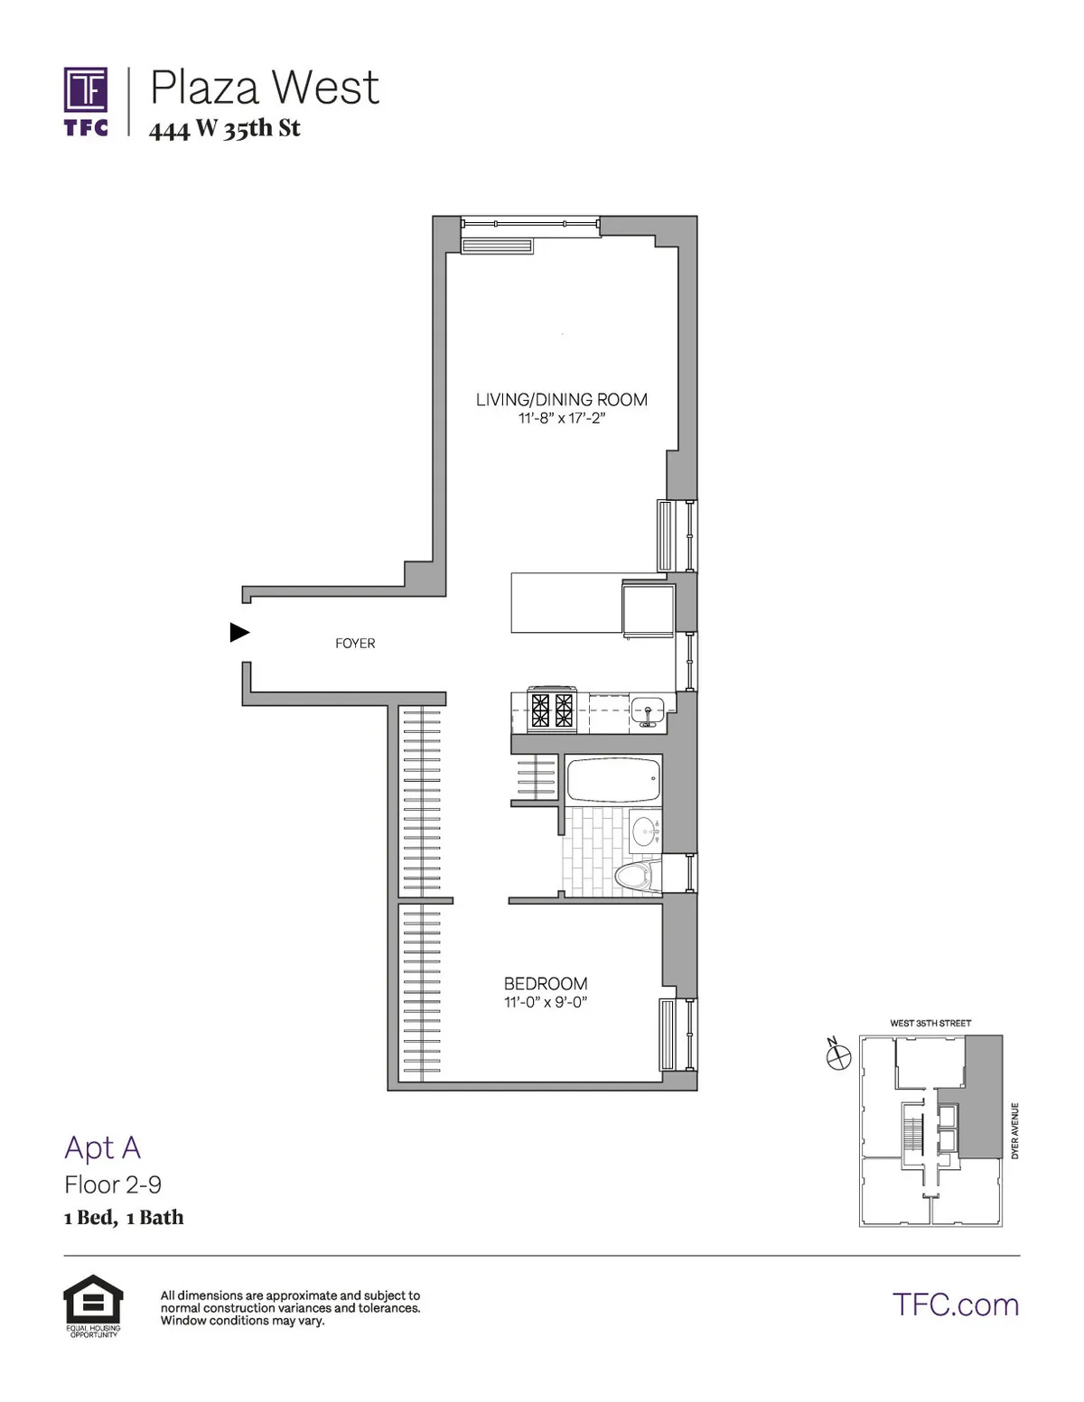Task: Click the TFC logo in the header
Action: pyautogui.click(x=86, y=101)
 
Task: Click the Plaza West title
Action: pyautogui.click(x=264, y=88)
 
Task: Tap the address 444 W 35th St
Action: pyautogui.click(x=224, y=129)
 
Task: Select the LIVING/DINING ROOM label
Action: pyautogui.click(x=561, y=399)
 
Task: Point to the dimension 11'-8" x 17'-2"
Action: pyautogui.click(x=561, y=419)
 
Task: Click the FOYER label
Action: pyautogui.click(x=355, y=644)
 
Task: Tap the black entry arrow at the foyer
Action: pyautogui.click(x=239, y=632)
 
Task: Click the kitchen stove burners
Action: pyautogui.click(x=553, y=710)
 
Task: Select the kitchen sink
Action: pyautogui.click(x=647, y=710)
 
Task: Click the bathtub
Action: pyautogui.click(x=613, y=780)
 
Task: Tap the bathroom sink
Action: pyautogui.click(x=645, y=829)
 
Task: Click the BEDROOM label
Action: pyautogui.click(x=546, y=983)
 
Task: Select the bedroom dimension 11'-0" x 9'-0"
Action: pyautogui.click(x=546, y=1002)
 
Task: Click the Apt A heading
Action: pyautogui.click(x=102, y=1147)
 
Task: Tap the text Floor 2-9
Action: pyautogui.click(x=113, y=1184)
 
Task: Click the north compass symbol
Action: pyautogui.click(x=839, y=1054)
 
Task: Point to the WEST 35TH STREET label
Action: pyautogui.click(x=930, y=1023)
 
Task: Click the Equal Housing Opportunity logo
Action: pyautogui.click(x=93, y=1305)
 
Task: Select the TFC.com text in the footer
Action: pyautogui.click(x=955, y=1305)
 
